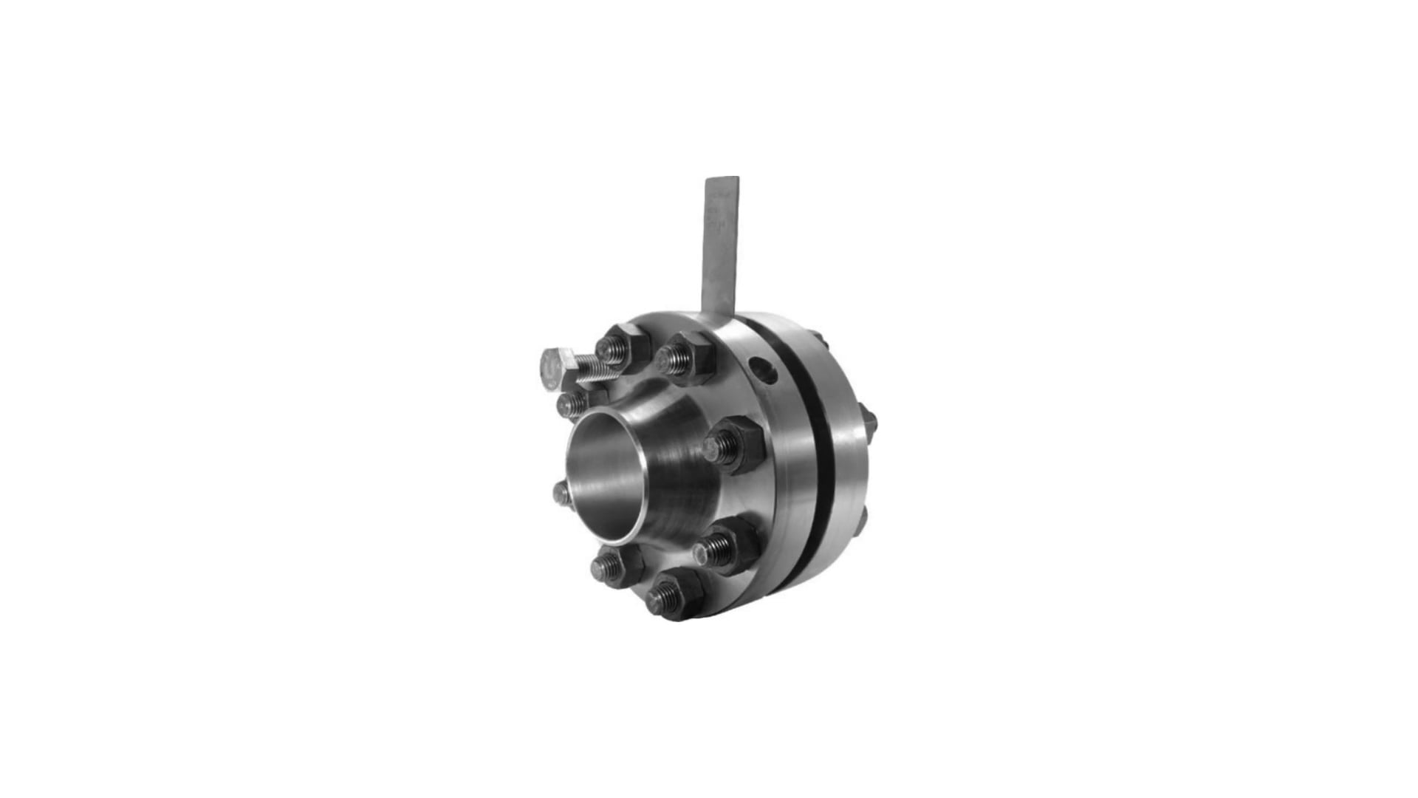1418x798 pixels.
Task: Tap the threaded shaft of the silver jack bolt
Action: [595, 367]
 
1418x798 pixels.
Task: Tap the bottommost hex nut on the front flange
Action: [672, 593]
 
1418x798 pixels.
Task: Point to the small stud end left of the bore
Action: [561, 492]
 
